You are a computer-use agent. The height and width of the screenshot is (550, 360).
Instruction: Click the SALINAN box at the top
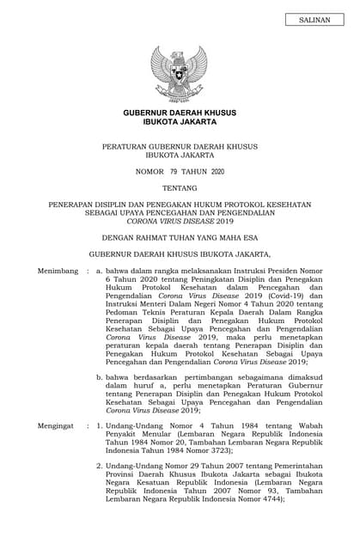pos(313,19)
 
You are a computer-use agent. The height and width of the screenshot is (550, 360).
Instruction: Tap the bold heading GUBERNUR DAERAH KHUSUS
pos(180,113)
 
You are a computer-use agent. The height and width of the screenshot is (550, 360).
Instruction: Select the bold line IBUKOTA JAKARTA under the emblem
pos(180,124)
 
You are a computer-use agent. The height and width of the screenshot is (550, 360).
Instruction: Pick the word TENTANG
pos(179,188)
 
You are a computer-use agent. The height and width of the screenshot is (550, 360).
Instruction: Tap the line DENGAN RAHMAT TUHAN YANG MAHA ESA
pos(180,237)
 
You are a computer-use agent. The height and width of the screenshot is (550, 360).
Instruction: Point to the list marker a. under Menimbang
pos(100,271)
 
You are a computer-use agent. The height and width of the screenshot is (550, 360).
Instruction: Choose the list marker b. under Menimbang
pos(100,376)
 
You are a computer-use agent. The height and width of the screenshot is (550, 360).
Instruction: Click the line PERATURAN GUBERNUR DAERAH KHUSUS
pos(180,147)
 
